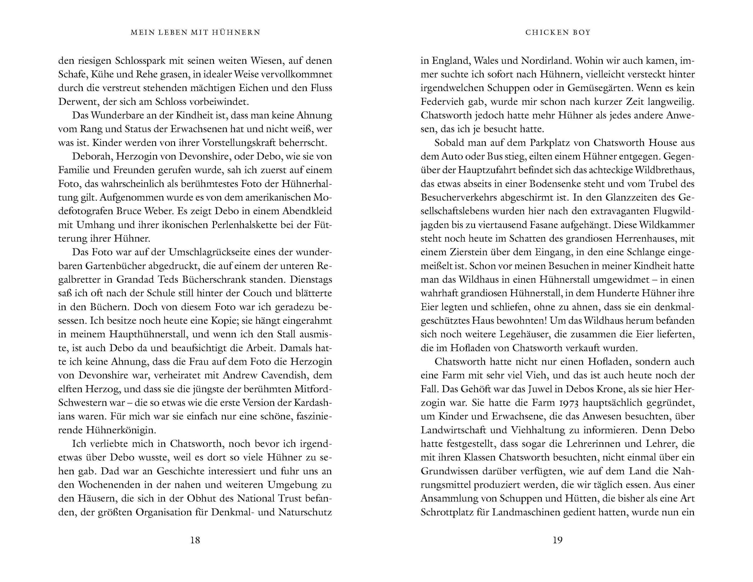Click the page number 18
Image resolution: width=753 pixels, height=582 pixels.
(195, 540)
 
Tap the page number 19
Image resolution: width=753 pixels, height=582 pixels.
(558, 540)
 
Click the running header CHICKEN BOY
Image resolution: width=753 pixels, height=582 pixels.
(558, 32)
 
